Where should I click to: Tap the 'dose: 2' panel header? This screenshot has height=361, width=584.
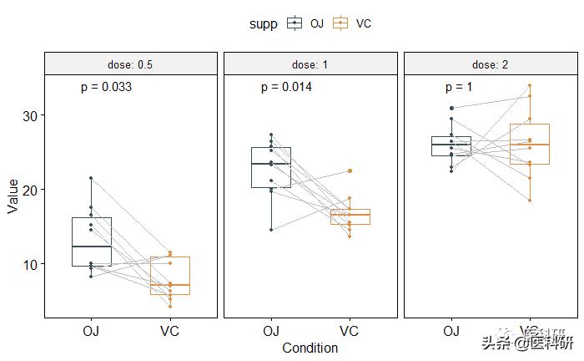[x=491, y=64]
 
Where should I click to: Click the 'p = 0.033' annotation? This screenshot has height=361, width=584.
[x=106, y=87]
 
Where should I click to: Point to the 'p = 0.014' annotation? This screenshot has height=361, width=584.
[x=286, y=87]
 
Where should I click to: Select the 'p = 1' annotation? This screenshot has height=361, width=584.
[x=459, y=87]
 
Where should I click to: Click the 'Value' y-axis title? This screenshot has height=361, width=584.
[x=13, y=196]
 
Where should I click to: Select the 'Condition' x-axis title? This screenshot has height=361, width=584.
[x=310, y=348]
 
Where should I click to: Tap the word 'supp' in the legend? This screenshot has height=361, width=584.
[x=264, y=23]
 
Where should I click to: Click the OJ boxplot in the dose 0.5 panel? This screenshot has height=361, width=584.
[x=91, y=242]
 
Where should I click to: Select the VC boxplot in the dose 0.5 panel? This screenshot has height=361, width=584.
[x=169, y=276]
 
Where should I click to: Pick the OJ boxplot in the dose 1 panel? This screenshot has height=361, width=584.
[x=271, y=167]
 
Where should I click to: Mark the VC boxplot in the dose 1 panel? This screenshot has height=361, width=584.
[x=350, y=216]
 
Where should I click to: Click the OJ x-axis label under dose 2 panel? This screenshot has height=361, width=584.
[x=451, y=331]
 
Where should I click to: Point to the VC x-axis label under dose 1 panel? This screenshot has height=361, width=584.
[x=350, y=331]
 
